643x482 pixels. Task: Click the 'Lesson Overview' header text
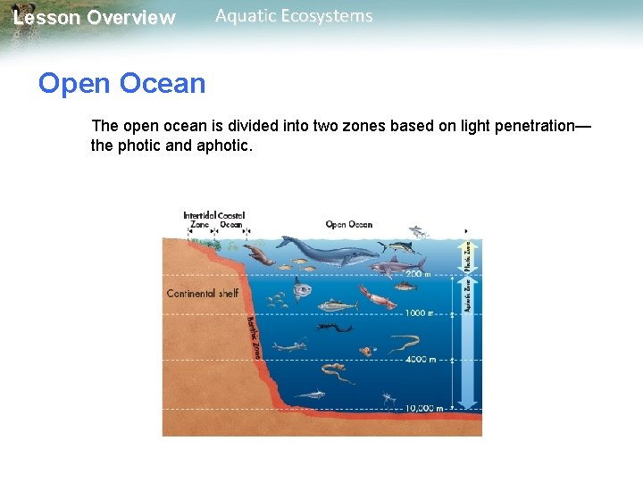pos(95,18)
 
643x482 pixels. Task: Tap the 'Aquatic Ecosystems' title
pos(294,16)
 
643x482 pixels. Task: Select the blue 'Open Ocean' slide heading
pos(121,84)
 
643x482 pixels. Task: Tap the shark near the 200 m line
pos(397,264)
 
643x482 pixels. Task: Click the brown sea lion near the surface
pos(260,255)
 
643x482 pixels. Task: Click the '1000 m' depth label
pos(419,313)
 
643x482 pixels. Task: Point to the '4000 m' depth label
pos(420,360)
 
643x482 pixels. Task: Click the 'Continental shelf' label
pos(203,294)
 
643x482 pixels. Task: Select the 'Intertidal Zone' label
pos(198,220)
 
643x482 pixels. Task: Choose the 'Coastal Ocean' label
pos(231,220)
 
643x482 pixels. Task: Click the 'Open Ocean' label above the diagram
pos(349,224)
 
